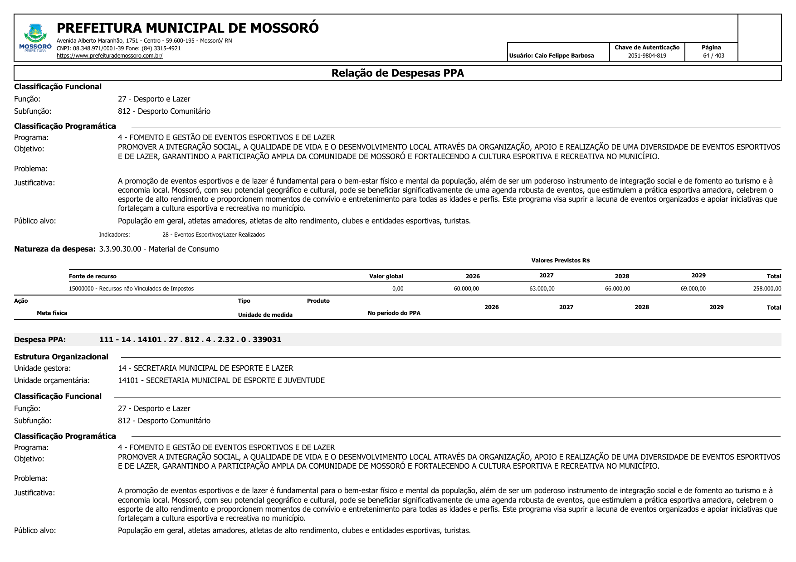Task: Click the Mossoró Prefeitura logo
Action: (35, 38)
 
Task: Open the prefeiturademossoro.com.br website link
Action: (109, 56)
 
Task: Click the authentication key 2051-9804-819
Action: (647, 56)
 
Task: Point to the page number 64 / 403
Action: (713, 56)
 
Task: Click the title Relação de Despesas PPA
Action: (397, 73)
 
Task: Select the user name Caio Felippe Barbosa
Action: (564, 56)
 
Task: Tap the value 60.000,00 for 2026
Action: (466, 289)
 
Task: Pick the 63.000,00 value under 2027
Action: (542, 289)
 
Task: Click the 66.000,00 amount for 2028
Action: (617, 289)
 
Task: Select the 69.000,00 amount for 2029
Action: (693, 289)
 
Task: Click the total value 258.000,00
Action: (767, 289)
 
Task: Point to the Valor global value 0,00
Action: (397, 289)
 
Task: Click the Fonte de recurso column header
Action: (93, 276)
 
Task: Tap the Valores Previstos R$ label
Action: (560, 261)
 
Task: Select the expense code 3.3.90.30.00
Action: (120, 249)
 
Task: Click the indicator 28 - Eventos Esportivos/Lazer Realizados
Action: (213, 235)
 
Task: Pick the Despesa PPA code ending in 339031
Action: (190, 339)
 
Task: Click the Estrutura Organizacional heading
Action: (61, 357)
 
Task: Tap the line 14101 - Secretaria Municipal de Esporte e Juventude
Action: (221, 380)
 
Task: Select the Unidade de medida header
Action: (265, 315)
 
